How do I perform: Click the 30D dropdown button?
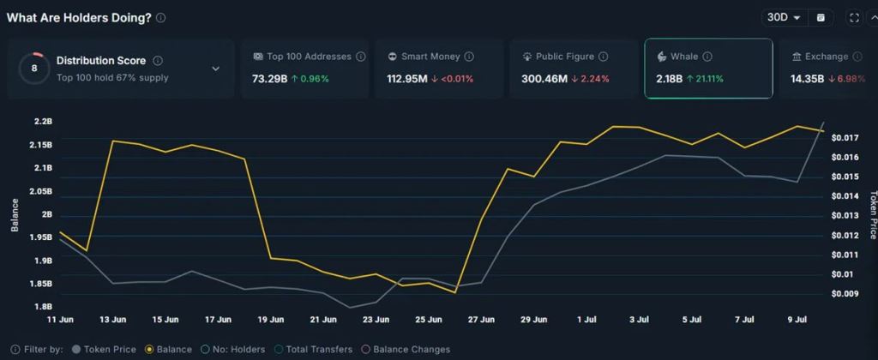click(x=784, y=17)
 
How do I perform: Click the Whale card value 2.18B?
click(x=669, y=79)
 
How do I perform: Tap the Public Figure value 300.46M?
click(x=544, y=79)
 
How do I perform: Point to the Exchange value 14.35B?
click(x=806, y=79)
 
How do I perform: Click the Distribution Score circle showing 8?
click(x=34, y=69)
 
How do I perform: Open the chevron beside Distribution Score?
click(x=215, y=69)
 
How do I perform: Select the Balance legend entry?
click(x=168, y=350)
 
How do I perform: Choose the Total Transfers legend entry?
click(x=313, y=350)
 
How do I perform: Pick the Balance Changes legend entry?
click(x=407, y=350)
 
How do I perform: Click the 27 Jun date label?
click(x=482, y=320)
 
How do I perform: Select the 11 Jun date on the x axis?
click(x=58, y=320)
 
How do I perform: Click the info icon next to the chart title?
click(x=161, y=17)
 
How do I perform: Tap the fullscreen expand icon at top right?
click(x=854, y=17)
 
